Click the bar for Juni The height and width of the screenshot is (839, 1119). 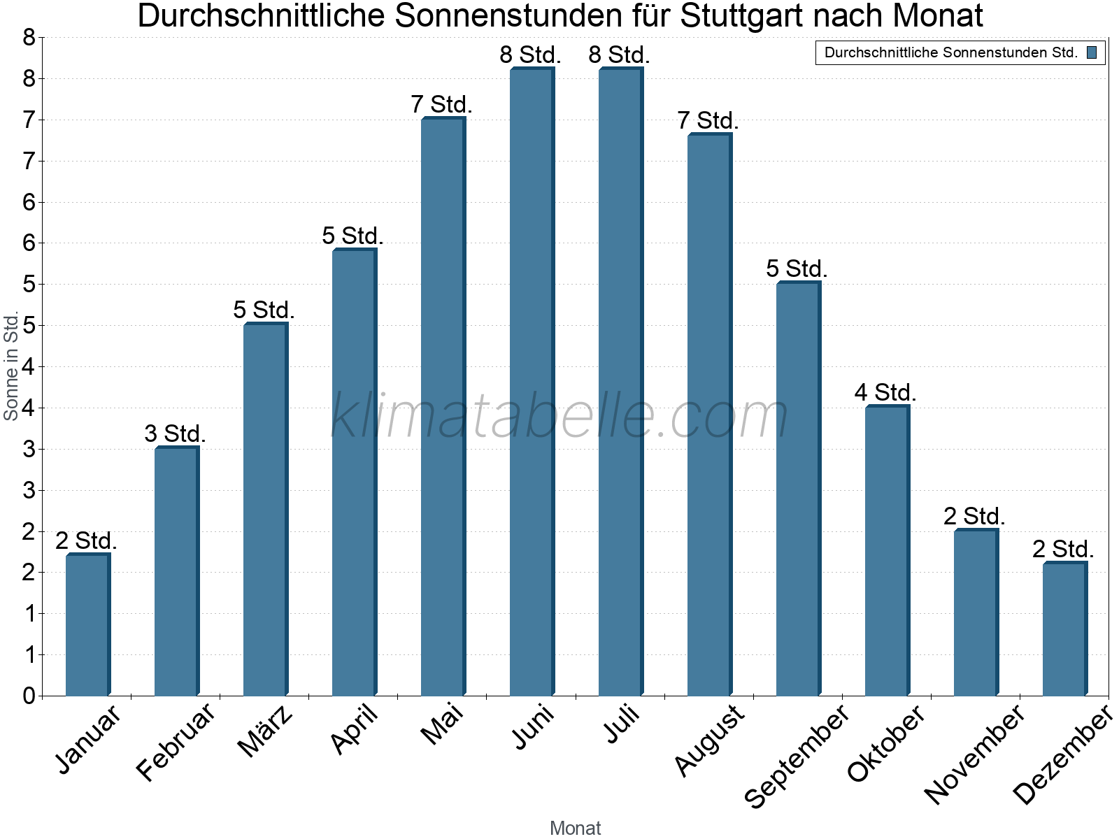(532, 381)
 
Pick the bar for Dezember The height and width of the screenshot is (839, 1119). (1064, 629)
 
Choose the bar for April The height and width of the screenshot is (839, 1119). (354, 472)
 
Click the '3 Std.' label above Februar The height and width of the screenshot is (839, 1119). (175, 433)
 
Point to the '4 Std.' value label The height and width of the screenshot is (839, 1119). (885, 392)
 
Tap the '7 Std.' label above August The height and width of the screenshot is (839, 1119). (708, 120)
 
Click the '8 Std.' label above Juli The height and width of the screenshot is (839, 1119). (619, 55)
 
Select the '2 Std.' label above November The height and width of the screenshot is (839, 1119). (974, 516)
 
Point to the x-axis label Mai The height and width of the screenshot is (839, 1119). (442, 724)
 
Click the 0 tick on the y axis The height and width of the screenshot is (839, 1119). (29, 696)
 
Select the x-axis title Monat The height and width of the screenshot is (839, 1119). (575, 828)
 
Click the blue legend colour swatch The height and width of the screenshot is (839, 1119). (1092, 52)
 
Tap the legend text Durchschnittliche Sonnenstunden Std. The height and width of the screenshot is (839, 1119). (950, 52)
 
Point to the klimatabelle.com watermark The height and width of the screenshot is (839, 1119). (559, 416)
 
